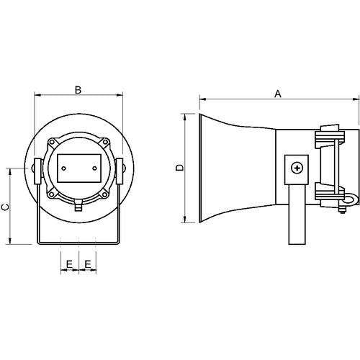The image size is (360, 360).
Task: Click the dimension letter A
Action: tap(278, 94)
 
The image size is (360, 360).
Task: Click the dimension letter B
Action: tap(78, 90)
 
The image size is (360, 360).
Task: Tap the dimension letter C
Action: tap(5, 207)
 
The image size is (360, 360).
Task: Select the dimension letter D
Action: tap(179, 168)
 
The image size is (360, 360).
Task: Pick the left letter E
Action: tap(69, 264)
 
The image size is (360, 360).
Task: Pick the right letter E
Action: tap(88, 264)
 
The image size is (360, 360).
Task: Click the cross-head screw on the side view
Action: tap(297, 168)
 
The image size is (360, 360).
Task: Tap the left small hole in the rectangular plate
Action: tap(63, 168)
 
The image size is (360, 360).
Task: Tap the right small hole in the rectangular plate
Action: tap(95, 168)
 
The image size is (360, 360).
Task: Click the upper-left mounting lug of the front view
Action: tap(52, 142)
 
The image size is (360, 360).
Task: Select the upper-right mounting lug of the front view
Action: tap(105, 142)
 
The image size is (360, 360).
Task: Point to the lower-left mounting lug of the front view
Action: tap(52, 194)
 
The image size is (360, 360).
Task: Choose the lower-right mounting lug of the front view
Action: tap(105, 194)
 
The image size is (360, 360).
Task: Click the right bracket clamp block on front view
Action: tap(120, 171)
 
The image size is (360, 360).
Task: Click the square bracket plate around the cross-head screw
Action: tap(297, 170)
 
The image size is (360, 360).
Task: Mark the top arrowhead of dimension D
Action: tap(184, 117)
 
